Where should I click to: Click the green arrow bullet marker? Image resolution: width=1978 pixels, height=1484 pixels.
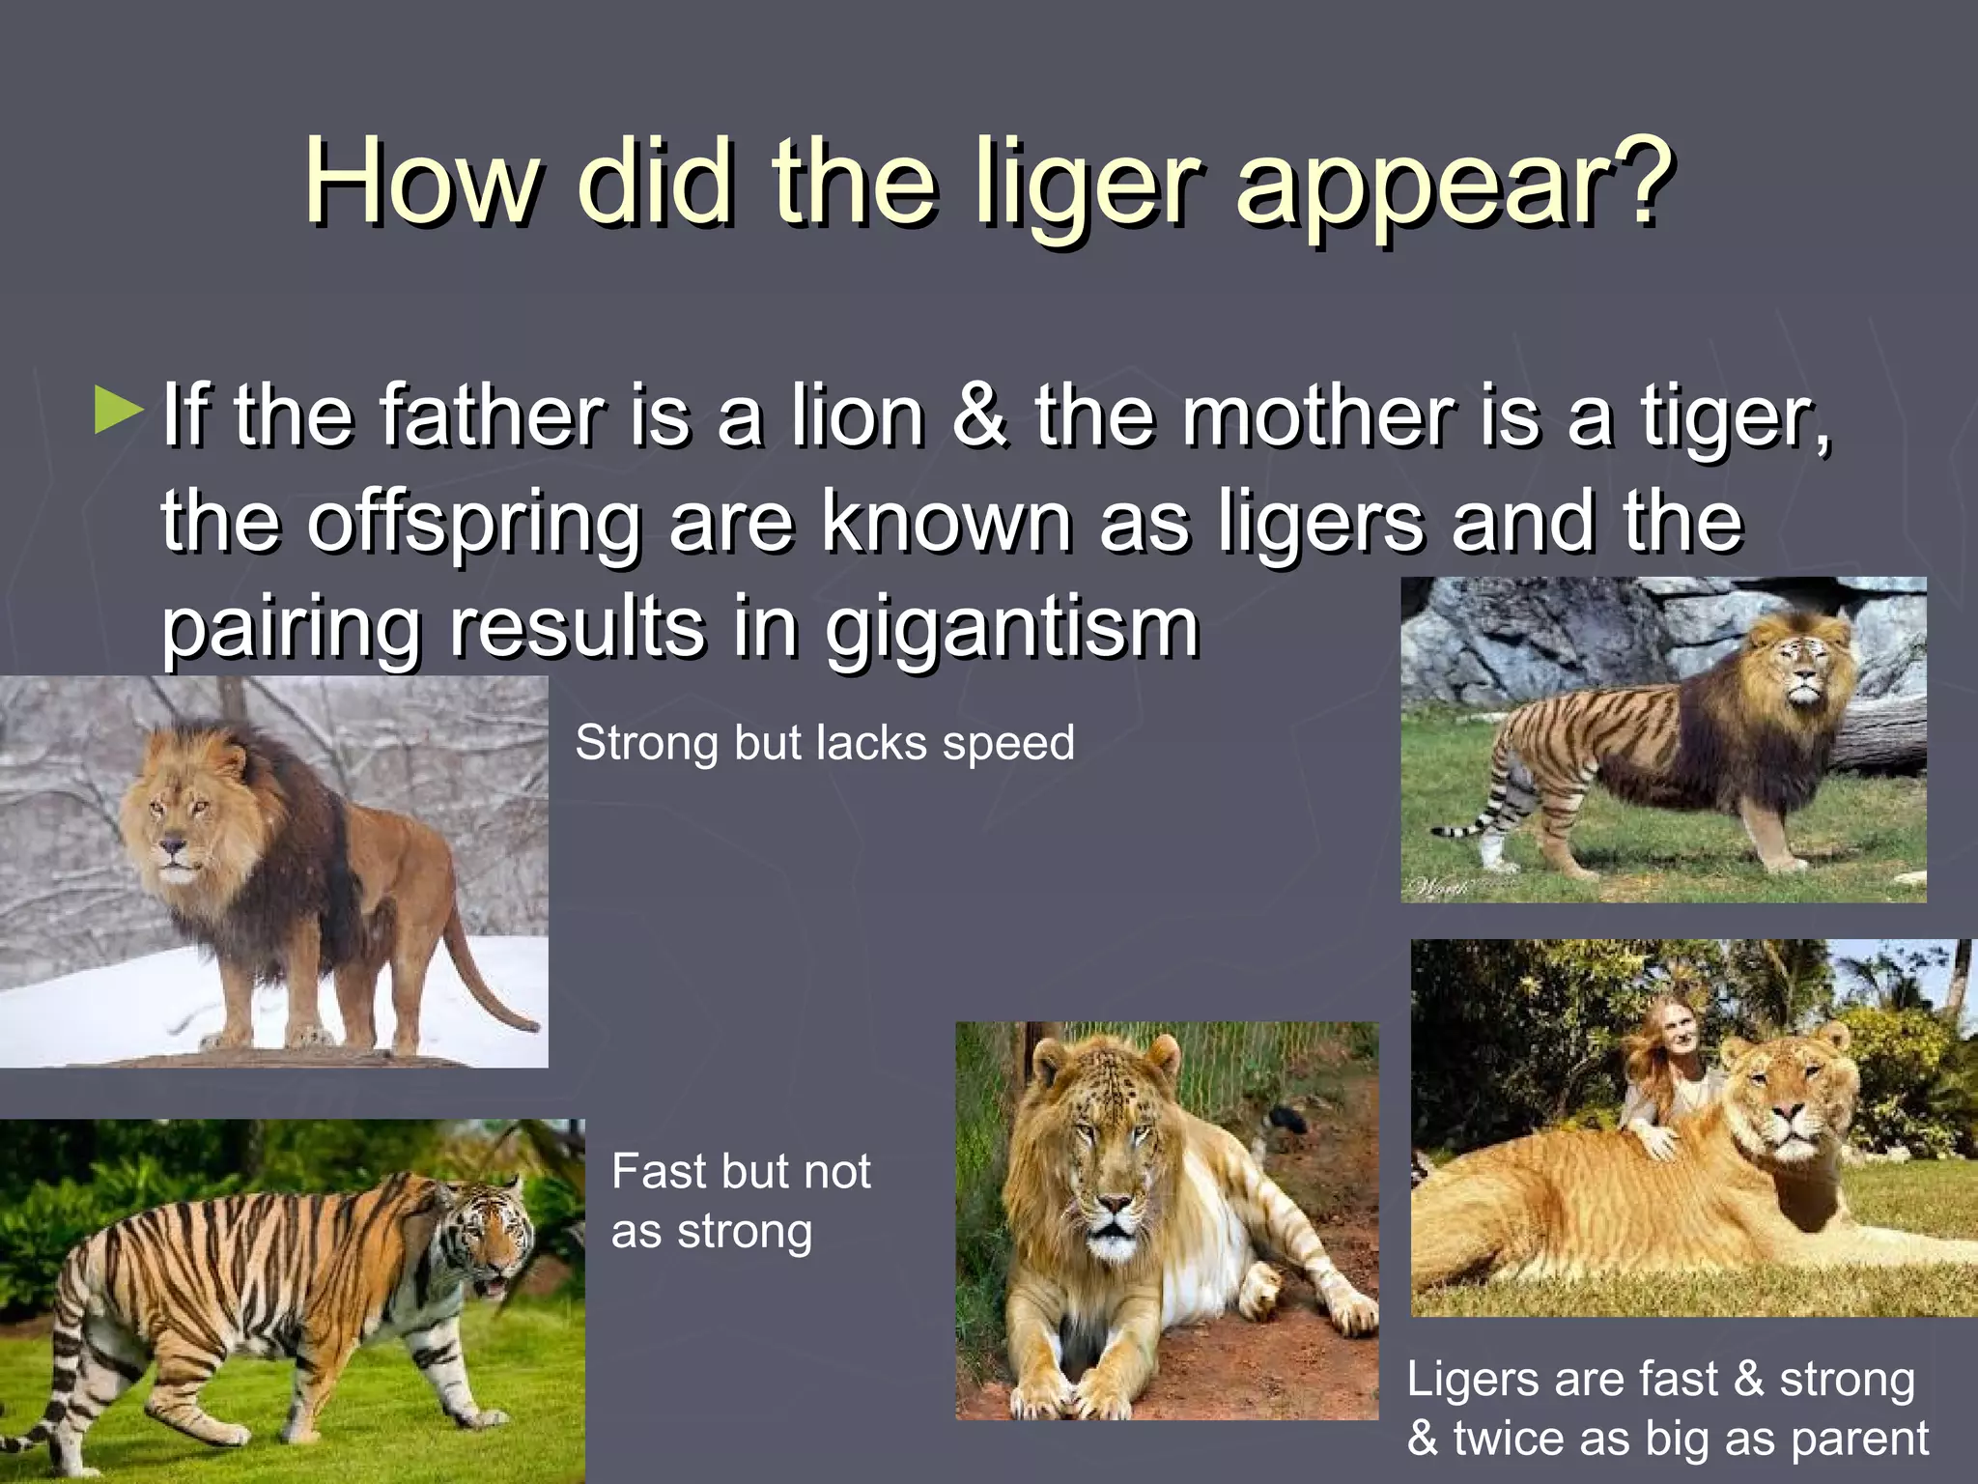(119, 410)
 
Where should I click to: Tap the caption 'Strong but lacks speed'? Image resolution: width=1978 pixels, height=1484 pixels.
(824, 743)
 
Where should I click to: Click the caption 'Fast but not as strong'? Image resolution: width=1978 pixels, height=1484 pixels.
(741, 1201)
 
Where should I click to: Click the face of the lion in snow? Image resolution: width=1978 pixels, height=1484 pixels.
(174, 831)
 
